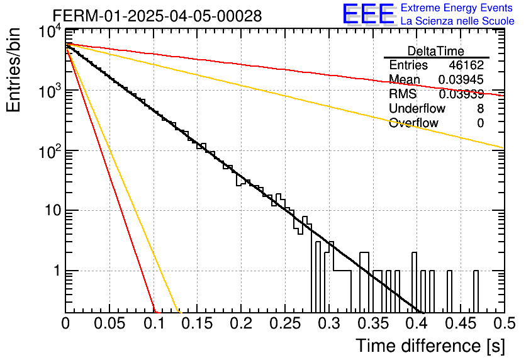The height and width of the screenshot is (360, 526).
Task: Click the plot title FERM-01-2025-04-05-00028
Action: [x=157, y=16]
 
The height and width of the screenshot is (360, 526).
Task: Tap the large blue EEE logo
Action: [x=369, y=14]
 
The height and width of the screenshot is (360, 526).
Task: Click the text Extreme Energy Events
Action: [x=457, y=8]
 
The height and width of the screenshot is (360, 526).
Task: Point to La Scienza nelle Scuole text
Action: [x=457, y=21]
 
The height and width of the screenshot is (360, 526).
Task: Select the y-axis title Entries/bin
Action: [x=13, y=70]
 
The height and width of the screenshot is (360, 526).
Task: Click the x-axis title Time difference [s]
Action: [x=430, y=346]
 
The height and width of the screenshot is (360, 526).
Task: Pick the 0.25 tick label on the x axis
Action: [x=285, y=323]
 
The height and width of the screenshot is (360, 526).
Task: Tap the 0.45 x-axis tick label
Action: [x=461, y=323]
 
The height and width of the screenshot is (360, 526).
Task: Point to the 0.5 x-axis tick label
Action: [x=504, y=323]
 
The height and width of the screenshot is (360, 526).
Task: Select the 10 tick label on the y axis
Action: [x=53, y=210]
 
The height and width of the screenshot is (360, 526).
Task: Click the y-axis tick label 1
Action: [x=57, y=271]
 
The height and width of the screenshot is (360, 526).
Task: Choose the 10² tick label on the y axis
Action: [x=50, y=151]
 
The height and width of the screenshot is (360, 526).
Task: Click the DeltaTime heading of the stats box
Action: [x=436, y=51]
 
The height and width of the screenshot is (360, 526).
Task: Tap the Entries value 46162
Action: [x=467, y=65]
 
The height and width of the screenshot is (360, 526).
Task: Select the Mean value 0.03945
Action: [x=461, y=79]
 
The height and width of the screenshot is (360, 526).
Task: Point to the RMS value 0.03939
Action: [x=461, y=94]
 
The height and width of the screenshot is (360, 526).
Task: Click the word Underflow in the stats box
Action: [x=417, y=108]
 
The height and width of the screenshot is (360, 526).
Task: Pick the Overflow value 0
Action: [x=480, y=123]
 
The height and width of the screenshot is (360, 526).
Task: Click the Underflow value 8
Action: [x=480, y=108]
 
